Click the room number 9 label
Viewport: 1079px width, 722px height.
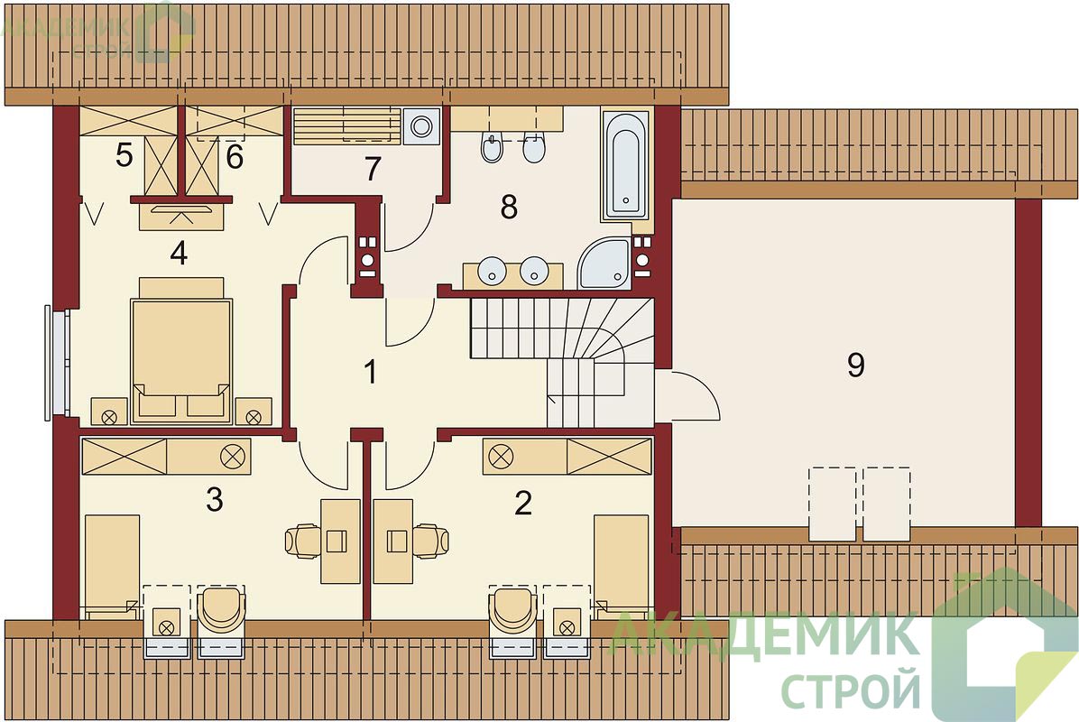click(855, 366)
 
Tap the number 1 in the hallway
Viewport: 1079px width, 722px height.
click(370, 372)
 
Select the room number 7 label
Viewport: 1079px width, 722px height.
click(373, 170)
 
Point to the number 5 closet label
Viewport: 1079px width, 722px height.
click(124, 155)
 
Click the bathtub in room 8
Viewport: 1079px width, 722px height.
click(624, 165)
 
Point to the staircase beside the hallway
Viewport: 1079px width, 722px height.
click(562, 361)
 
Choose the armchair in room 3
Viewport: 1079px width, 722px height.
click(222, 610)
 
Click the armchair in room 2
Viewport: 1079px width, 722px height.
click(512, 610)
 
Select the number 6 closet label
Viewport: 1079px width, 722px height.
click(235, 157)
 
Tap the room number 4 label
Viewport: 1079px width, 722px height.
click(179, 254)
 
